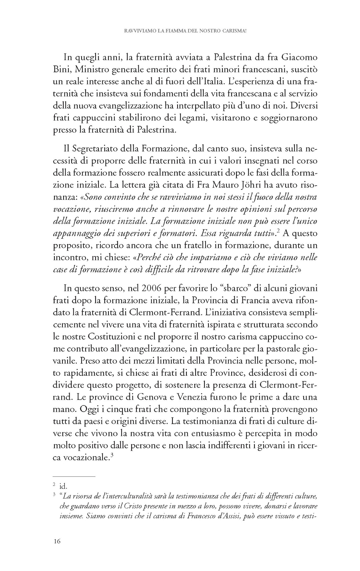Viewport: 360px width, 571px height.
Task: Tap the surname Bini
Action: pos(60,70)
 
